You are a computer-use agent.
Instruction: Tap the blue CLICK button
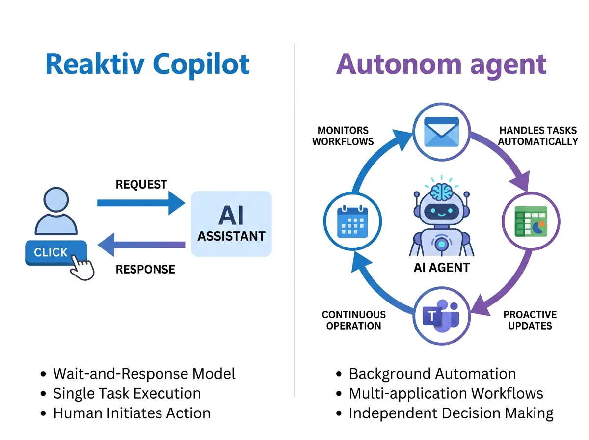pyautogui.click(x=51, y=252)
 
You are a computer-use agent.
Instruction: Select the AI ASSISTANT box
pyautogui.click(x=231, y=224)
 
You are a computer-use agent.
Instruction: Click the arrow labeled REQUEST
pyautogui.click(x=140, y=203)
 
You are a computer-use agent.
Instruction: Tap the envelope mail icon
pyautogui.click(x=441, y=132)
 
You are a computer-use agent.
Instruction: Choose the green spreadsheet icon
pyautogui.click(x=530, y=221)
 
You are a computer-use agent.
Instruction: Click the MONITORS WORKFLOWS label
pyautogui.click(x=343, y=136)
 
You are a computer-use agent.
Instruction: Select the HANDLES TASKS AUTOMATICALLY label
pyautogui.click(x=538, y=136)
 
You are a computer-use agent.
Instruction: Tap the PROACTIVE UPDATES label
pyautogui.click(x=530, y=320)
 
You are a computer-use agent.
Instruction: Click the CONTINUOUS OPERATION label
pyautogui.click(x=353, y=320)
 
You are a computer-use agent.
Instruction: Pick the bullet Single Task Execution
pyautogui.click(x=127, y=393)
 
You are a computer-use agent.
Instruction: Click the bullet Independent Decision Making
pyautogui.click(x=451, y=413)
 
